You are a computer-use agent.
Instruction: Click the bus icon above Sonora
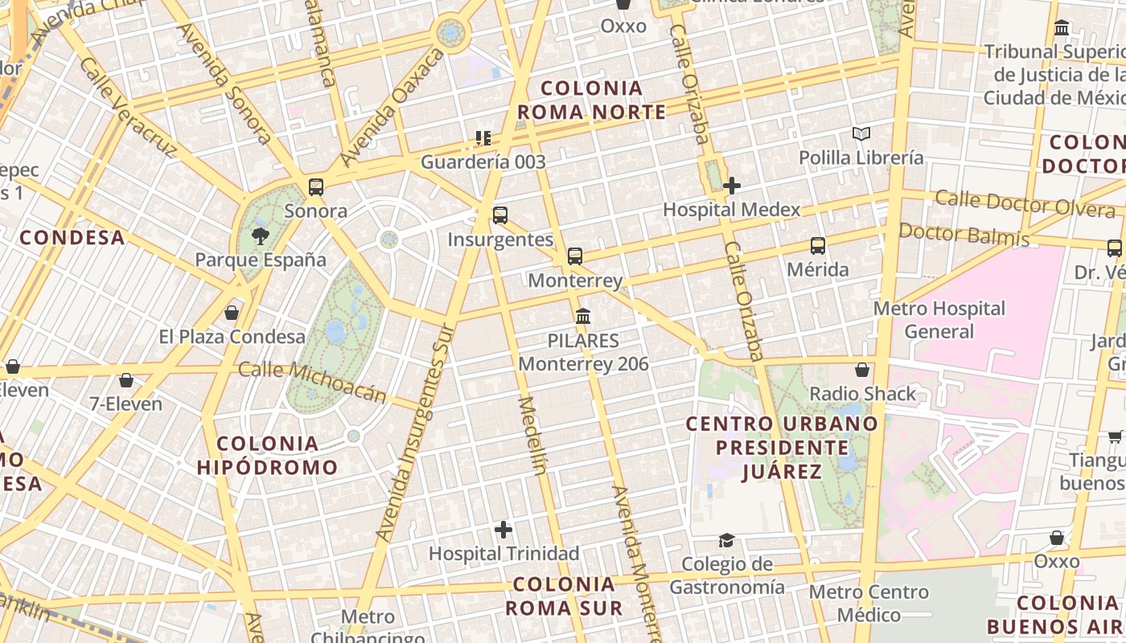[x=316, y=187]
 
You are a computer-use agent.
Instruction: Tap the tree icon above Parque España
[x=260, y=235]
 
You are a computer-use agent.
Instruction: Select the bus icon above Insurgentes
[x=500, y=215]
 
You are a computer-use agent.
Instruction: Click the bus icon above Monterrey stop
[x=575, y=256]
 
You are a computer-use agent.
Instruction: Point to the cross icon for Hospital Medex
[x=732, y=186]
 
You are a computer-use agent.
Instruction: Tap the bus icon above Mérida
[x=818, y=246]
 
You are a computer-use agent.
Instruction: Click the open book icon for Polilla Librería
[x=861, y=133]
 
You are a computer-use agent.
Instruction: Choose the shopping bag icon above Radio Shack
[x=862, y=370]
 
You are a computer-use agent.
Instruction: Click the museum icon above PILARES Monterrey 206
[x=583, y=316]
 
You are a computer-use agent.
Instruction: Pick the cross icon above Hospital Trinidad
[x=503, y=530]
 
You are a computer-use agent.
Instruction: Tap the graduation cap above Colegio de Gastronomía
[x=727, y=540]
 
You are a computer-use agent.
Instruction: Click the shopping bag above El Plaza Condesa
[x=232, y=312]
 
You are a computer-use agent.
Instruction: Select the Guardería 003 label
[x=483, y=162]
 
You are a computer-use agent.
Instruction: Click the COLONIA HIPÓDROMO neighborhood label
[x=268, y=455]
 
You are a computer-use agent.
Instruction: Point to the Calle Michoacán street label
[x=313, y=381]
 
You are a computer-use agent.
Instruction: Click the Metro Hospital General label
[x=939, y=320]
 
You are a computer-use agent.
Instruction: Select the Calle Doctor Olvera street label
[x=1025, y=204]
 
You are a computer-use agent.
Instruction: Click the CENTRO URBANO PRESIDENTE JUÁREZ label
[x=782, y=447]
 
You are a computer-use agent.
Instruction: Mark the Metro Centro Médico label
[x=869, y=604]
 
